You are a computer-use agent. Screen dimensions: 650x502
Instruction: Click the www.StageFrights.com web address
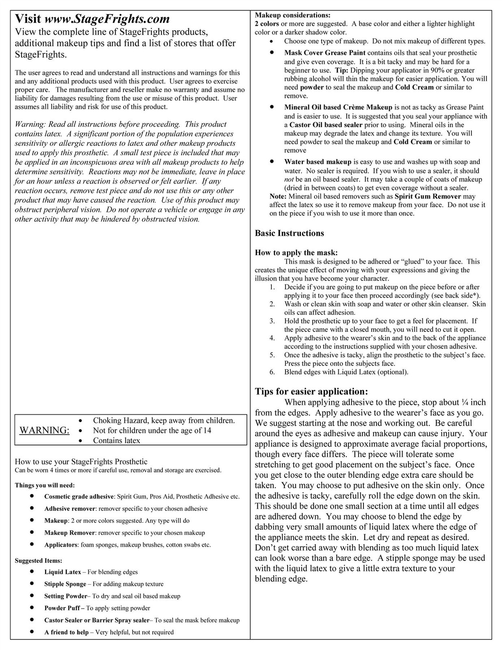pos(106,19)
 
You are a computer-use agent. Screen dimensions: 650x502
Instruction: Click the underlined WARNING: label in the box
pos(44,431)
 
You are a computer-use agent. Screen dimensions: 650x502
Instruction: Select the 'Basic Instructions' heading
pos(289,233)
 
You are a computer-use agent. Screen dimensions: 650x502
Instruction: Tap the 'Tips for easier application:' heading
pos(311,392)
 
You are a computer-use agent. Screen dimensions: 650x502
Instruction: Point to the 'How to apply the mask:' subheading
pos(296,253)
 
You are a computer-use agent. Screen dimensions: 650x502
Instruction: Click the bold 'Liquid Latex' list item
pos(63,572)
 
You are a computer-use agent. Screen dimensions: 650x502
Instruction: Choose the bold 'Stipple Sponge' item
pos(65,584)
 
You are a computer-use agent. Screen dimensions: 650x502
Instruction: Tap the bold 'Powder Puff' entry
pos(62,608)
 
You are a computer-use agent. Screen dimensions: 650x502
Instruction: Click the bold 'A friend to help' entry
pos(66,632)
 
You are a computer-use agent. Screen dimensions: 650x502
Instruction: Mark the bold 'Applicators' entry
pos(61,545)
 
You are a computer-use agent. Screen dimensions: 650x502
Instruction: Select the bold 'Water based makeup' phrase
pos(318,162)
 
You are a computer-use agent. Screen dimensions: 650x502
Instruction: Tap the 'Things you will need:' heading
pos(45,485)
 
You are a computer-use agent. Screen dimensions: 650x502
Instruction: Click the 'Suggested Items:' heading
pos(39,561)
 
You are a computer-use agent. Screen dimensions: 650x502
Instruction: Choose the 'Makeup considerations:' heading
pos(292,15)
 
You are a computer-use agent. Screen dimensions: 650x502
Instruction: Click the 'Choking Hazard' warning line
pos(164,420)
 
